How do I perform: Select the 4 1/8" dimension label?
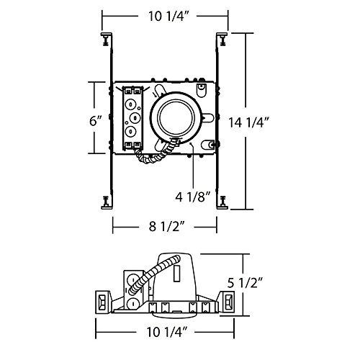(x=192, y=196)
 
